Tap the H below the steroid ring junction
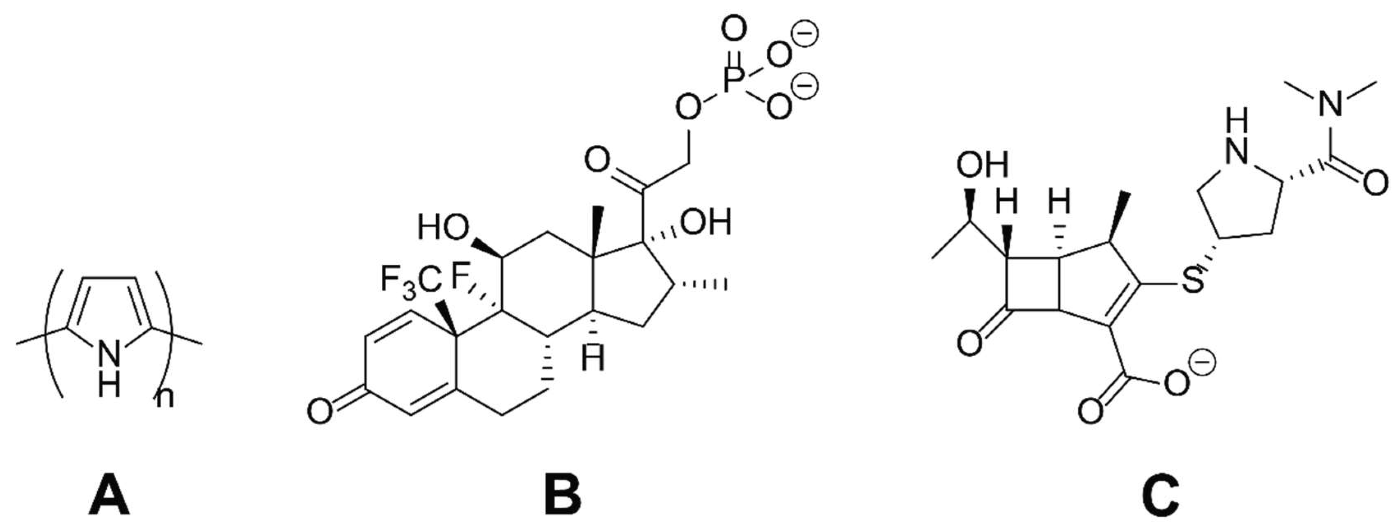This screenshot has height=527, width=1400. (x=593, y=359)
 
